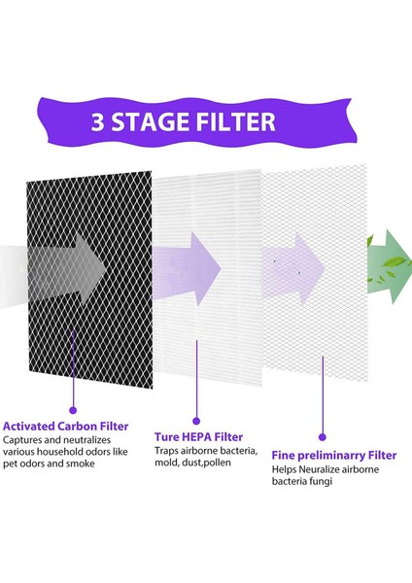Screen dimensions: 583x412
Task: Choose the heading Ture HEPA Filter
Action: pos(198,436)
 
